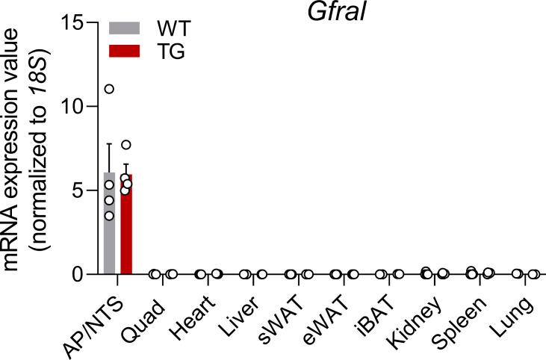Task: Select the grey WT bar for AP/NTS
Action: [109, 224]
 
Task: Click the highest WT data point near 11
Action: [109, 89]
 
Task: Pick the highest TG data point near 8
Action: [126, 145]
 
